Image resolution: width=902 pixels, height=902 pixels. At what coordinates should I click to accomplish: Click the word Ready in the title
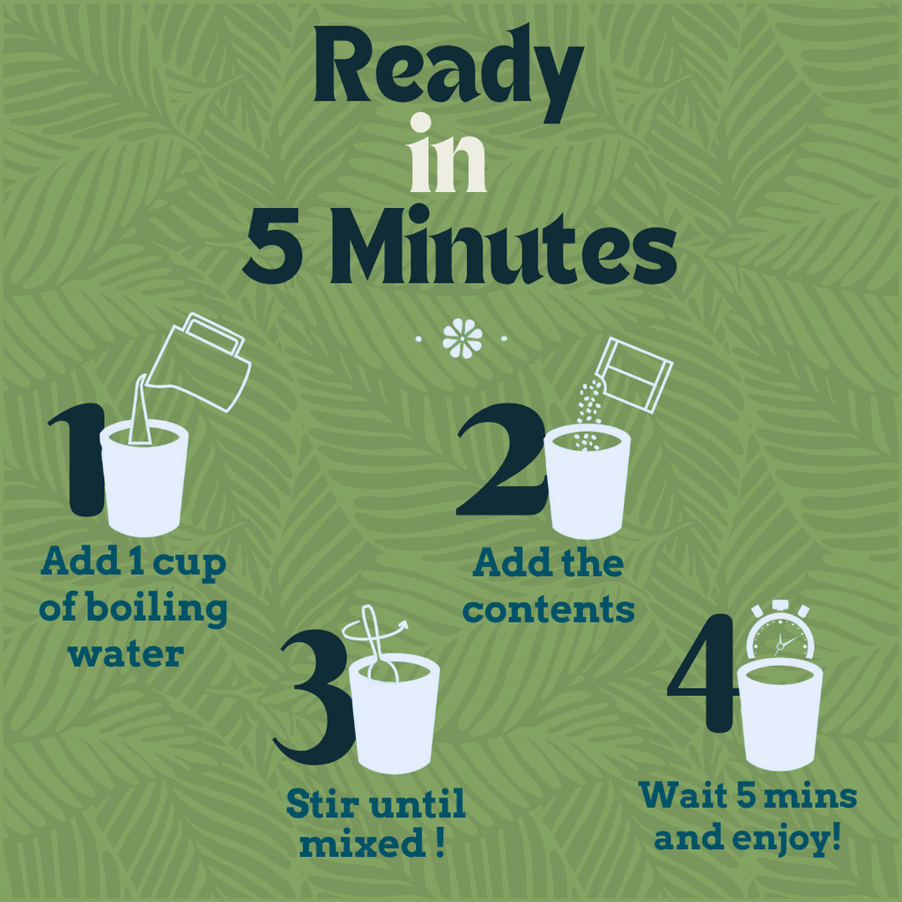tap(448, 72)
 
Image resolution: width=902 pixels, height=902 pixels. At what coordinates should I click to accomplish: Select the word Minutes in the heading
tap(502, 245)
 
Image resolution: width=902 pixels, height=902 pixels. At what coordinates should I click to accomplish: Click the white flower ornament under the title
tap(462, 338)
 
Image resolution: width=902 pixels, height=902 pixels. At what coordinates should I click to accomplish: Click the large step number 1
tap(78, 458)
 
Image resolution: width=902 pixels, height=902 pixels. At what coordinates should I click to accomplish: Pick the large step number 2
tap(501, 458)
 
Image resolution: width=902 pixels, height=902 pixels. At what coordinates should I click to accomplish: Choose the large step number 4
tap(703, 673)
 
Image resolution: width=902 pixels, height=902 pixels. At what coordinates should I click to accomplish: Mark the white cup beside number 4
tap(780, 714)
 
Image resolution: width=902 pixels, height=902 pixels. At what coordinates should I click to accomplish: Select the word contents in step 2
tap(549, 610)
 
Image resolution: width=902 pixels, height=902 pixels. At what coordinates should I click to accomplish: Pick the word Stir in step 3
tap(320, 803)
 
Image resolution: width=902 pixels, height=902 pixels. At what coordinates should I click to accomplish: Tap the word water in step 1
tap(126, 655)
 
